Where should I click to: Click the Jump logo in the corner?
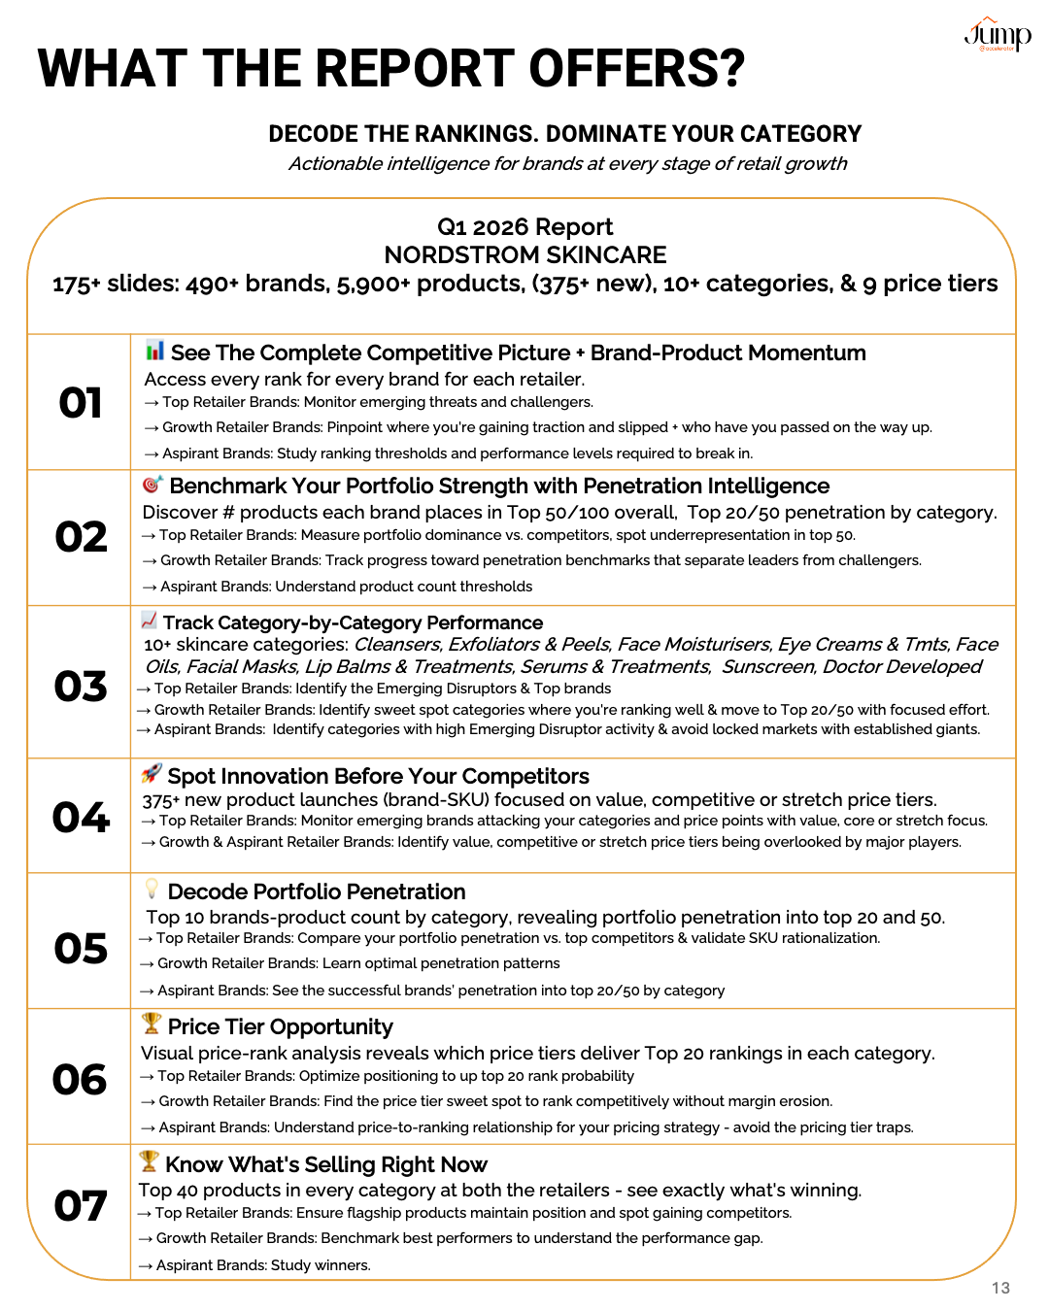tap(997, 35)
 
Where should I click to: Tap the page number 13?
tap(1000, 1288)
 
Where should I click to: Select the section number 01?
tap(81, 403)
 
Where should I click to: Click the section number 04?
tap(81, 818)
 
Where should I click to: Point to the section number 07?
tap(81, 1206)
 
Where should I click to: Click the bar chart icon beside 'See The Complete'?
tap(154, 351)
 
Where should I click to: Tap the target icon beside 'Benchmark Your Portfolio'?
tap(152, 484)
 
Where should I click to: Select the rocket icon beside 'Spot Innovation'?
tap(151, 774)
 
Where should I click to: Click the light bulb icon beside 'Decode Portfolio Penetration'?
tap(151, 889)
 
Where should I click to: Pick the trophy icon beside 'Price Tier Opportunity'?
tap(151, 1024)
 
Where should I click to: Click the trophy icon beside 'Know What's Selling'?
tap(149, 1161)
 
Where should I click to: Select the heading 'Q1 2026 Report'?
tap(524, 227)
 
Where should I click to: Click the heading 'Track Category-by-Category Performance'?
tap(353, 622)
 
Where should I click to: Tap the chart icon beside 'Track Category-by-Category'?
tap(149, 620)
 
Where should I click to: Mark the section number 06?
tap(81, 1080)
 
